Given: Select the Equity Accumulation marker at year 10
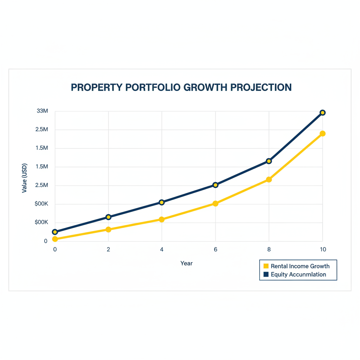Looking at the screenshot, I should (323, 112).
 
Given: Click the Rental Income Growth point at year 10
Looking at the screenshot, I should (323, 134).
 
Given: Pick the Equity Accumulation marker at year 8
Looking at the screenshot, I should (269, 161).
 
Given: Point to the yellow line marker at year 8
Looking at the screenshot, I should (269, 180).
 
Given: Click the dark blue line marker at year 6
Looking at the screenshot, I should (216, 185).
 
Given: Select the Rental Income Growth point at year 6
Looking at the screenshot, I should (216, 204).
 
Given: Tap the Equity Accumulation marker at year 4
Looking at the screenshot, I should (162, 202).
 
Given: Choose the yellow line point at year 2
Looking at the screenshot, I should (108, 230).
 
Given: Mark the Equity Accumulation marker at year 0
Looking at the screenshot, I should (55, 232).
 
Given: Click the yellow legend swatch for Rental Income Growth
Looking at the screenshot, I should (266, 266).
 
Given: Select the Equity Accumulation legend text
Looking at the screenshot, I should (298, 275).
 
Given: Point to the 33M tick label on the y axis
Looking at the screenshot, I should (42, 111).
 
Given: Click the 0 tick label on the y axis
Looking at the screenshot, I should (46, 241).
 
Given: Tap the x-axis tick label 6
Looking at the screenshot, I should (216, 249).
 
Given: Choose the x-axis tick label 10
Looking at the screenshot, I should (323, 249).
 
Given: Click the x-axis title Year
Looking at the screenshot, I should (186, 263).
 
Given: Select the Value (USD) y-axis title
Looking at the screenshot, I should (24, 178).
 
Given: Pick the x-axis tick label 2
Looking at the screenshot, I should (108, 249).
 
